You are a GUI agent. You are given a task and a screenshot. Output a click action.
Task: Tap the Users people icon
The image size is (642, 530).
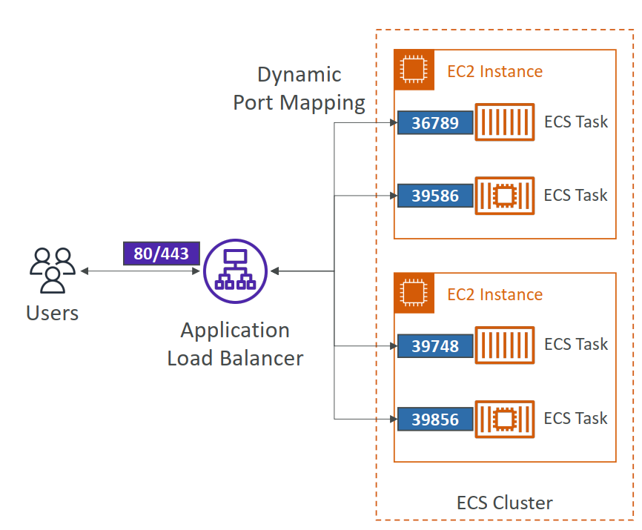pos(52,271)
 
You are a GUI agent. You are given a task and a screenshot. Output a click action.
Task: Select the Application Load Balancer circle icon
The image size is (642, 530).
pos(234,271)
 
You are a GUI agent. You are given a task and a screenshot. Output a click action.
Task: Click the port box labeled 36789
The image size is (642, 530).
pos(435,122)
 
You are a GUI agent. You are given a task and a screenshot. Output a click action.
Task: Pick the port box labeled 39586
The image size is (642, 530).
pos(435,196)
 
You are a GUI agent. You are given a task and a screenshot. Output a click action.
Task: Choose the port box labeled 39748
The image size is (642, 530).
pos(435,345)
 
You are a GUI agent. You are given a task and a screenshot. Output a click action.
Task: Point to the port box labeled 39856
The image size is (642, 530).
pos(435,419)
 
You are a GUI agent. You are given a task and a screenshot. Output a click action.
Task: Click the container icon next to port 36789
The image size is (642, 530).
pos(504,122)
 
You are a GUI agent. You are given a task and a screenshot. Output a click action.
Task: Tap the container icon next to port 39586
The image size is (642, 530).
pos(504,196)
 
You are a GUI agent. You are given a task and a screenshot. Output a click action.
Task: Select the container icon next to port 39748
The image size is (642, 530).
pos(504,345)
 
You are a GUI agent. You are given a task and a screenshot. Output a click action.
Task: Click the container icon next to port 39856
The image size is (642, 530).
pos(504,419)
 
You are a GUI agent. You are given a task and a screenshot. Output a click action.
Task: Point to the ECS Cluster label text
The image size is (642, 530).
pos(504,503)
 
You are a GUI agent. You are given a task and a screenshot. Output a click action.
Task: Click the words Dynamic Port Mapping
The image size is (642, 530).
pos(299,88)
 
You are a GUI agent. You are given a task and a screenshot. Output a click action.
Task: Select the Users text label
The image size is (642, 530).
pos(52,313)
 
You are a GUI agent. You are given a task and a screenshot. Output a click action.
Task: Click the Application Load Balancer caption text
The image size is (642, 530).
pos(235,344)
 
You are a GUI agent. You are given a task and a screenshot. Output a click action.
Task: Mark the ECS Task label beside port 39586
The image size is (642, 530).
pos(575,195)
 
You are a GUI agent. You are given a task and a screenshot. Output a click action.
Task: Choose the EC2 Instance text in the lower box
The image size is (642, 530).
pos(494,294)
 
